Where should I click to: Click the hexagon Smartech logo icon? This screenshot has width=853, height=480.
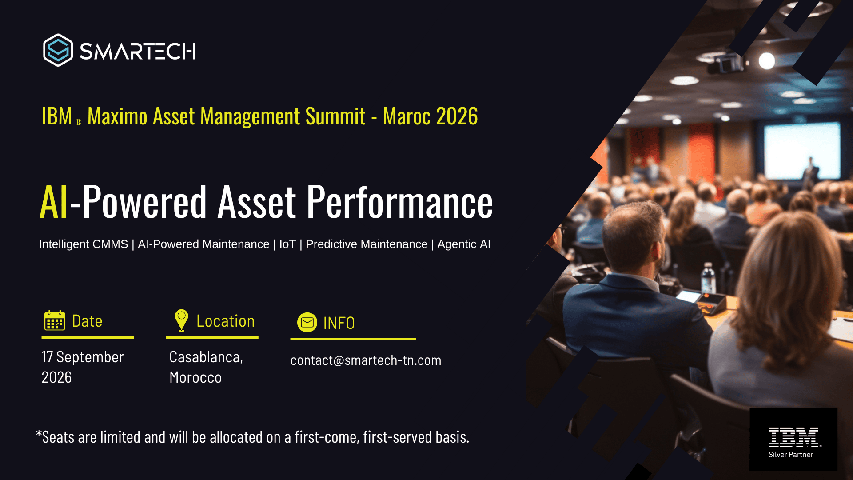coord(58,50)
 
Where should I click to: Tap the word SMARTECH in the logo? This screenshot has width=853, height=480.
coord(138,51)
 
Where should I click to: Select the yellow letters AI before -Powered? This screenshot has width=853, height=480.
coord(54,202)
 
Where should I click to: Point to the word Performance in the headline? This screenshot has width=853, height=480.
coord(400,202)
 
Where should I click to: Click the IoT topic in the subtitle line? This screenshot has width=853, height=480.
coord(287,244)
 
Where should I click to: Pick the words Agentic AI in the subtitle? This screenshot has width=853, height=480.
coord(464,244)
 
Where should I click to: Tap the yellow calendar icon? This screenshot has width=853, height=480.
coord(55,320)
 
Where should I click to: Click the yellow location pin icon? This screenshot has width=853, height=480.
coord(181,320)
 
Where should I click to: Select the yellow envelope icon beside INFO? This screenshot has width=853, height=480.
coord(307,323)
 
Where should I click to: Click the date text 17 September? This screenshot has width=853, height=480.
coord(83,357)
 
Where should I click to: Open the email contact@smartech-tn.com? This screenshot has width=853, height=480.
coord(366,360)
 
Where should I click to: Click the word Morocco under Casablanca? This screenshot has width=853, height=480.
coord(195,377)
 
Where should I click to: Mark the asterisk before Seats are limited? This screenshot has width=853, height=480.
coord(39,433)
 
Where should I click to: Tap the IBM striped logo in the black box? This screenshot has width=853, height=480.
coord(794,437)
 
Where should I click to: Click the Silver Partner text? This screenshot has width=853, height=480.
coord(791,455)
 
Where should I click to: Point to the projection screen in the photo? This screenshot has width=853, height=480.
coord(802,151)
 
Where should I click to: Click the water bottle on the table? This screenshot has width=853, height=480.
coord(708,278)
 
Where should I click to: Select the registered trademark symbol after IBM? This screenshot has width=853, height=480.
coord(78,122)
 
